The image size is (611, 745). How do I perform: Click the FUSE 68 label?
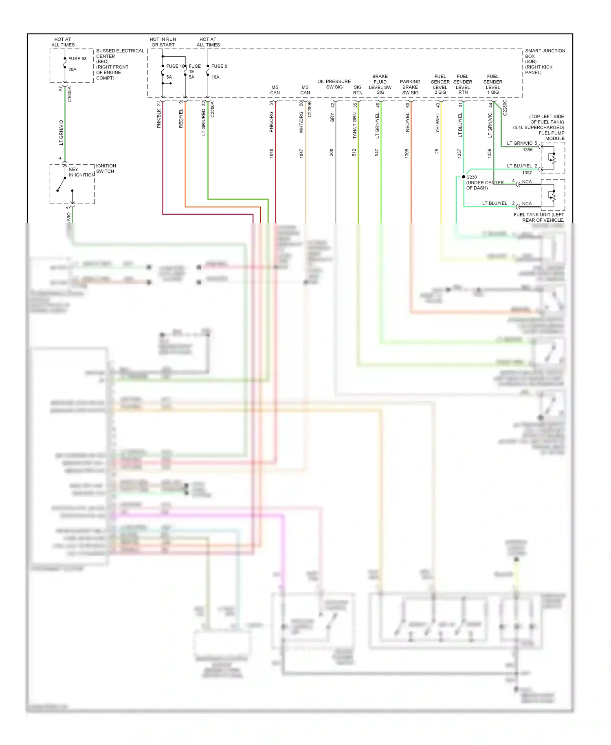[x=77, y=59]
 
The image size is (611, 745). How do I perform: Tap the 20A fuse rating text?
[x=72, y=69]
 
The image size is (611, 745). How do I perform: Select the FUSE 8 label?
[x=219, y=66]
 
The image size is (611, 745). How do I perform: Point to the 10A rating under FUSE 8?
[x=215, y=77]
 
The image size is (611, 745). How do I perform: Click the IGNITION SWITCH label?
[x=106, y=168]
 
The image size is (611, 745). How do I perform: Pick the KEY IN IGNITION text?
[x=81, y=172]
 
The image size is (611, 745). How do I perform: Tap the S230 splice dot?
[x=464, y=177]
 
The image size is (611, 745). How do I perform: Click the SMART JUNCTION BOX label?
[x=545, y=62]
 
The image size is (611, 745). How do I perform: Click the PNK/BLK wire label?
[x=159, y=118]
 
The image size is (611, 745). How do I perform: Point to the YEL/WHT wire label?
[x=437, y=123]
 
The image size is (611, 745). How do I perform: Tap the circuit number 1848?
[x=271, y=153]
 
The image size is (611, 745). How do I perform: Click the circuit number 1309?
[x=407, y=153]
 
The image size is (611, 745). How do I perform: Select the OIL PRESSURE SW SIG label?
[x=334, y=84]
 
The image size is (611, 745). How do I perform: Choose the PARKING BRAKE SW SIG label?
[x=410, y=87]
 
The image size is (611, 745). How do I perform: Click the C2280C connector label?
[x=505, y=108]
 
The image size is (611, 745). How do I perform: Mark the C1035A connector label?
[x=70, y=94]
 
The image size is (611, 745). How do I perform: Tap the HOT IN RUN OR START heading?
[x=163, y=42]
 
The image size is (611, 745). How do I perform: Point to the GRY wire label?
[x=332, y=118]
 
